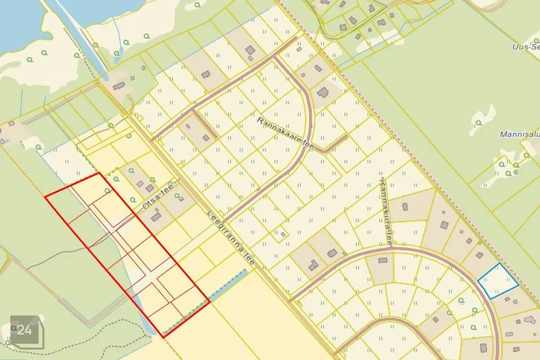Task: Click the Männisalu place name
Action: [x=516, y=135]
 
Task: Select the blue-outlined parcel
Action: [x=498, y=281]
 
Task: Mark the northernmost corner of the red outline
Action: [x=100, y=173]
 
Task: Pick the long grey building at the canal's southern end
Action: [x=119, y=86]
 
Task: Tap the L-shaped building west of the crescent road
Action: [x=313, y=264]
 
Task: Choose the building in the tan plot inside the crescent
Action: [x=383, y=260]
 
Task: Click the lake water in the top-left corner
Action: [x=17, y=22]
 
